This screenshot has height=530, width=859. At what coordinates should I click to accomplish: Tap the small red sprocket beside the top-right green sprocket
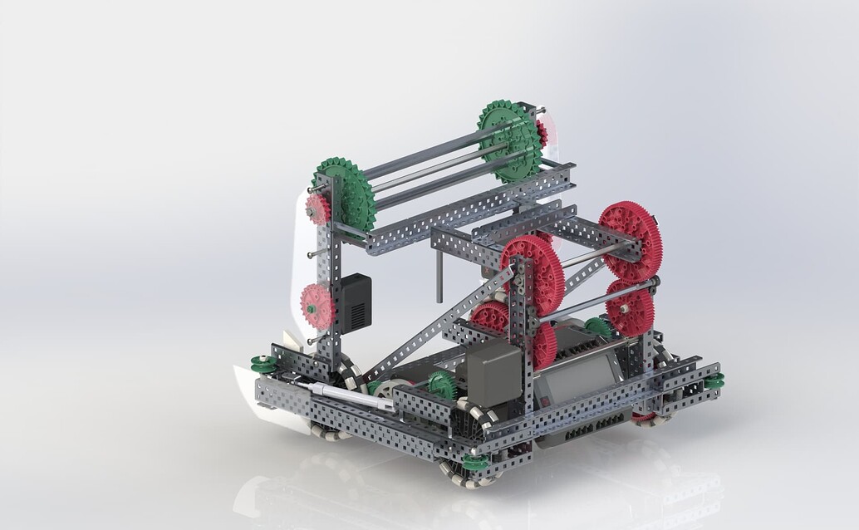(542, 132)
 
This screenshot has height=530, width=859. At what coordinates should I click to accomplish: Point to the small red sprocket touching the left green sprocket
(317, 209)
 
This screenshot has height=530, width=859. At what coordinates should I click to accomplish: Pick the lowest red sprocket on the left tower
(316, 305)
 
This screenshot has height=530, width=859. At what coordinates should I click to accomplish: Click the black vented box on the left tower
(355, 302)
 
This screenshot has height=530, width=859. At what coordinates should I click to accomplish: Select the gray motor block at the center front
(493, 374)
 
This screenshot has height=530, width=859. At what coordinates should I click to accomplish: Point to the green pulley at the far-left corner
(264, 364)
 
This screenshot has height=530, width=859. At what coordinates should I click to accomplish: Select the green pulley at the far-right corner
(714, 380)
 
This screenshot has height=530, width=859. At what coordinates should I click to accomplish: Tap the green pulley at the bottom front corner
(475, 462)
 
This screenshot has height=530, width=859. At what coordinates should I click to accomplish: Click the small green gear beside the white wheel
(443, 384)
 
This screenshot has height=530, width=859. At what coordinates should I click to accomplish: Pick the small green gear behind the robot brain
(598, 326)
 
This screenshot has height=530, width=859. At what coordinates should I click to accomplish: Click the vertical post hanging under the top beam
(439, 274)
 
